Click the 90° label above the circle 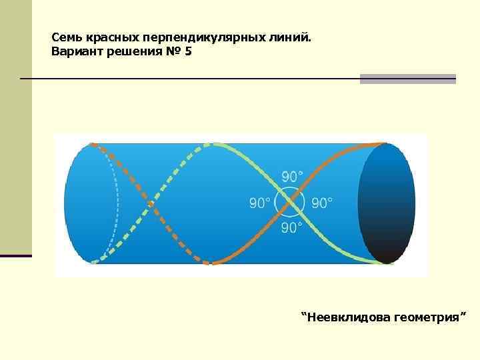coord(292,177)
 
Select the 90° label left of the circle coord(260,203)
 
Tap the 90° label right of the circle coord(323,203)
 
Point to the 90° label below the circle coord(292,228)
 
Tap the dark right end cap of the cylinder coord(386,203)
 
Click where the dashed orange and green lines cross coord(151,203)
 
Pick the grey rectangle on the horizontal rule coord(407,79)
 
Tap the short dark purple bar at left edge coord(15,255)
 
